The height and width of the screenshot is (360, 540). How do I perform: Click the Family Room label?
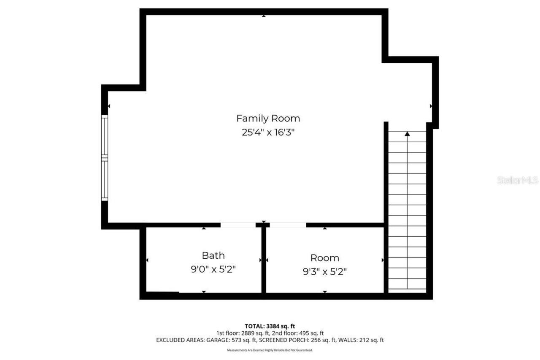pyautogui.click(x=268, y=118)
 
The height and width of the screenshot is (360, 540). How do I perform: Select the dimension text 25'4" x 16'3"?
pyautogui.click(x=268, y=132)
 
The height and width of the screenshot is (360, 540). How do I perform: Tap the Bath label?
pyautogui.click(x=213, y=255)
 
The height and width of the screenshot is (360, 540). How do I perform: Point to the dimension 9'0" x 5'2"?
pyautogui.click(x=213, y=270)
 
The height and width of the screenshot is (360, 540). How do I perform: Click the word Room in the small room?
pyautogui.click(x=324, y=258)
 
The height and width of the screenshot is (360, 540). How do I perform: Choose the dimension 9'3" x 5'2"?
pyautogui.click(x=324, y=272)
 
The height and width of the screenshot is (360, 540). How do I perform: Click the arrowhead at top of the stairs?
pyautogui.click(x=407, y=134)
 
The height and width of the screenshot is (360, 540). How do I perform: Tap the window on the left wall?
pyautogui.click(x=104, y=157)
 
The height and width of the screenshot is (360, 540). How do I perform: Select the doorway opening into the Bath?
pyautogui.click(x=238, y=225)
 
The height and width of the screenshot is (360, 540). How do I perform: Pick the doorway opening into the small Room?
pyautogui.click(x=288, y=225)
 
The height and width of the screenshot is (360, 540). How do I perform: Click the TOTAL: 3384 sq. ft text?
pyautogui.click(x=270, y=326)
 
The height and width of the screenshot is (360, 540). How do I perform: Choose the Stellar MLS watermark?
pyautogui.click(x=518, y=181)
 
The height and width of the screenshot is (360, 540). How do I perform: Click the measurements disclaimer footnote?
pyautogui.click(x=270, y=350)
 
